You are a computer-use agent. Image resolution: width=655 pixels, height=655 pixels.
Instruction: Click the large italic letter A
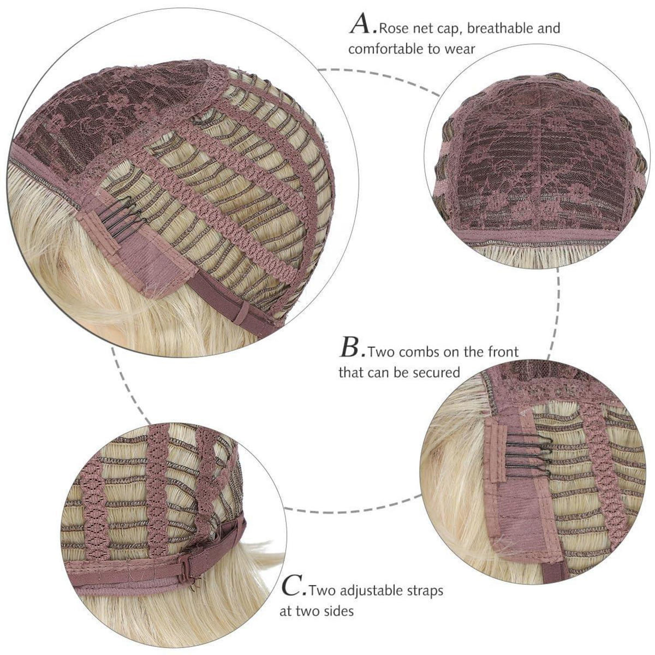tap(362, 24)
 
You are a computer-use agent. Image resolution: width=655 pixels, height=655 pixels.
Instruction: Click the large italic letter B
tap(351, 347)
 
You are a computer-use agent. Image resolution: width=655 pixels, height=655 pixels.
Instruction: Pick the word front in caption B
tap(503, 352)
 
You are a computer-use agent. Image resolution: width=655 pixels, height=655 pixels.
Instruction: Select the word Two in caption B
tap(380, 352)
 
